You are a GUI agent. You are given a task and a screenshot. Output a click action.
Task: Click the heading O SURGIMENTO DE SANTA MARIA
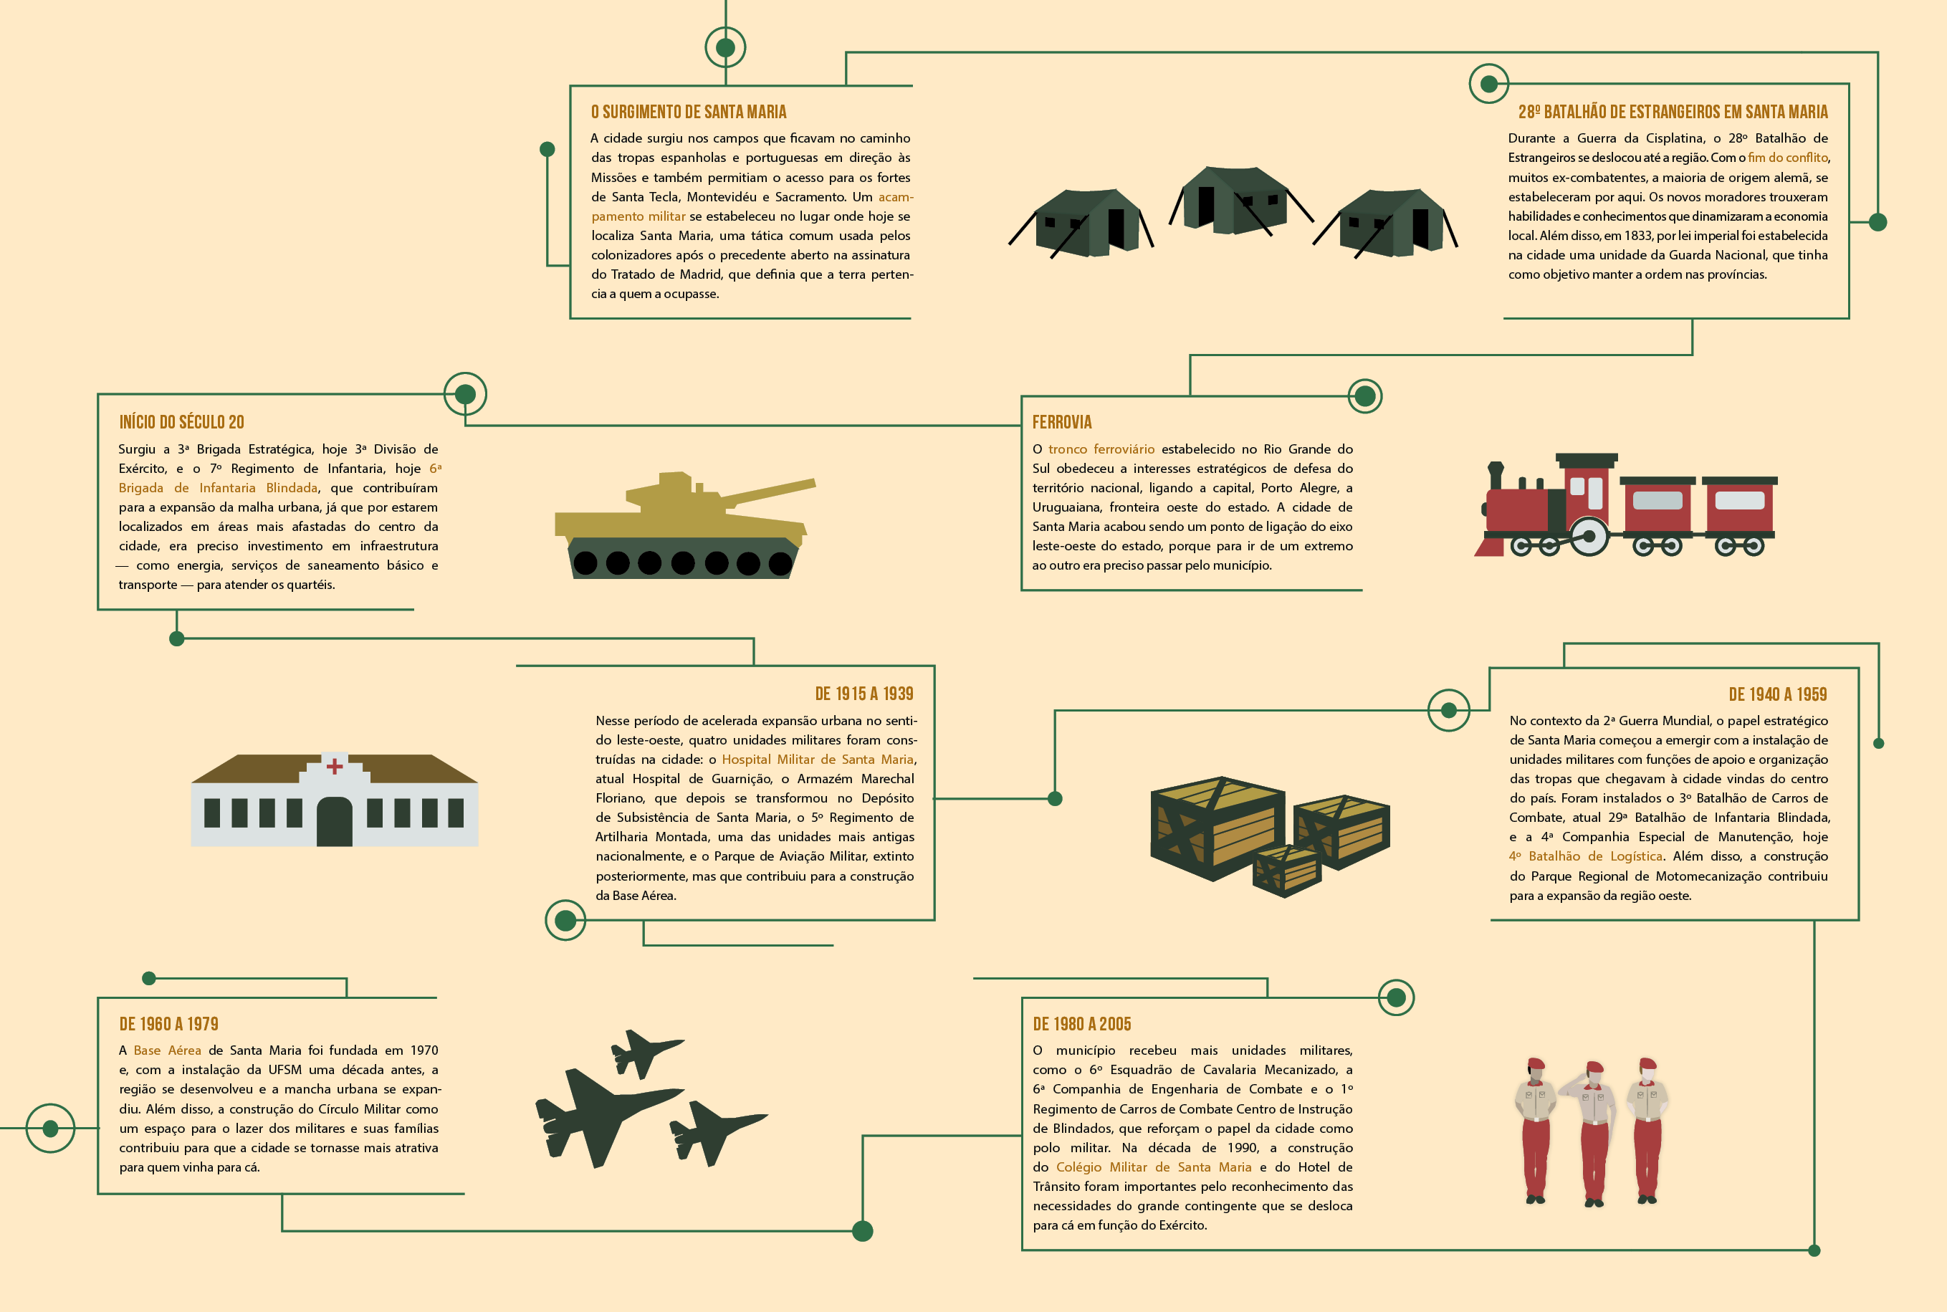[689, 112]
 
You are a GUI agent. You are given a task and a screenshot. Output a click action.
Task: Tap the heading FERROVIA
[1062, 423]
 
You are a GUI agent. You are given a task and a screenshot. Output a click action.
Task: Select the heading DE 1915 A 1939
[864, 694]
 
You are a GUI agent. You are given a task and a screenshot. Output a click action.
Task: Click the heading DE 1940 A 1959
[1778, 694]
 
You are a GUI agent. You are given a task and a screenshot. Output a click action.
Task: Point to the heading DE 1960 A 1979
[169, 1024]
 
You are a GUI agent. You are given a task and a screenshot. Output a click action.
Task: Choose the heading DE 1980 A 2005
[1082, 1024]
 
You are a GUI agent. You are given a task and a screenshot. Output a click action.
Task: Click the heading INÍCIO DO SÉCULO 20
[181, 423]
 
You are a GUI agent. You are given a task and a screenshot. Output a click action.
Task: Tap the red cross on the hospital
[335, 765]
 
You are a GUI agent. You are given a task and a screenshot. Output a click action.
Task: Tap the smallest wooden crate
[1287, 870]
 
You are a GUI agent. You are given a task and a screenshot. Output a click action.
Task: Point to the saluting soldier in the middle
[1594, 1134]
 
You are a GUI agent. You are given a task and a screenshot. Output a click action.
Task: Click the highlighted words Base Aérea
[168, 1051]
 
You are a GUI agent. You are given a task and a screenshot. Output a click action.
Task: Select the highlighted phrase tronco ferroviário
[1101, 449]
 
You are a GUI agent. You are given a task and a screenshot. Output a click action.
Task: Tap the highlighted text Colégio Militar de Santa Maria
[1154, 1167]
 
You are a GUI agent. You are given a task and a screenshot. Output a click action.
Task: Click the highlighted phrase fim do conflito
[1788, 158]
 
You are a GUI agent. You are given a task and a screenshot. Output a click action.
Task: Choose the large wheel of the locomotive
[1588, 537]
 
